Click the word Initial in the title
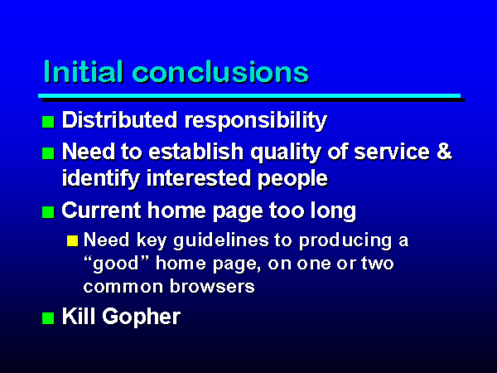tap(83, 71)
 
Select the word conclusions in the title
tap(220, 71)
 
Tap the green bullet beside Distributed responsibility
tap(48, 122)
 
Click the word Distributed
tap(119, 120)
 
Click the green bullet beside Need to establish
tap(48, 153)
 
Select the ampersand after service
tap(444, 152)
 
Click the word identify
tap(101, 179)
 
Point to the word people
tap(292, 180)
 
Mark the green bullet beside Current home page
tap(48, 212)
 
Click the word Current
tap(101, 211)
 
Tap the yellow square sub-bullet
tap(73, 240)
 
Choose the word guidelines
tap(221, 240)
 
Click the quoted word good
tap(116, 264)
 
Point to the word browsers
tap(212, 287)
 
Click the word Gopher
tap(142, 317)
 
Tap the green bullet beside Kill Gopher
tap(48, 318)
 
